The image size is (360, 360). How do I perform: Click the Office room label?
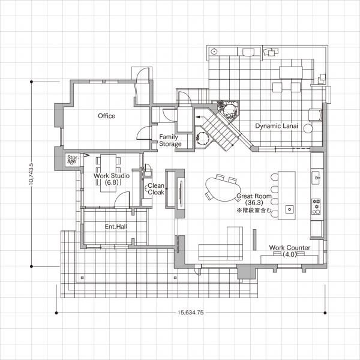tap(107, 116)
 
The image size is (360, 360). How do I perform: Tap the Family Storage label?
tap(170, 140)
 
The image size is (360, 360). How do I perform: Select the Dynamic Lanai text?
tap(277, 126)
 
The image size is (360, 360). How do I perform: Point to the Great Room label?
tap(254, 196)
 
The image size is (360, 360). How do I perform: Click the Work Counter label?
tap(290, 248)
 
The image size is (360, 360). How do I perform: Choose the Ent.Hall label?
tap(116, 227)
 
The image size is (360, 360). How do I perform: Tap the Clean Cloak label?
tap(156, 189)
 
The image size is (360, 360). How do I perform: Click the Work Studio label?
tap(112, 176)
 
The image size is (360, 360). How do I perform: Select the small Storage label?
tap(73, 160)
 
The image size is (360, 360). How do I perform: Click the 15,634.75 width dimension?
tap(190, 313)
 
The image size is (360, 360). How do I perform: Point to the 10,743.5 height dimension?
tap(31, 174)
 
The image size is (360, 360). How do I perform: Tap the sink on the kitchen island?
tap(289, 209)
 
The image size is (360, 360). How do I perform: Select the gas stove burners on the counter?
tap(316, 206)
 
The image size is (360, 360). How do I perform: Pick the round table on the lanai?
tap(308, 128)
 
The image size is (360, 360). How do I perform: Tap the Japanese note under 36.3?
tap(254, 210)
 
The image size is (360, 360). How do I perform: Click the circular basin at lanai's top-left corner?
tap(214, 52)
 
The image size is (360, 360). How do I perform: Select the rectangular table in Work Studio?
tap(109, 173)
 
